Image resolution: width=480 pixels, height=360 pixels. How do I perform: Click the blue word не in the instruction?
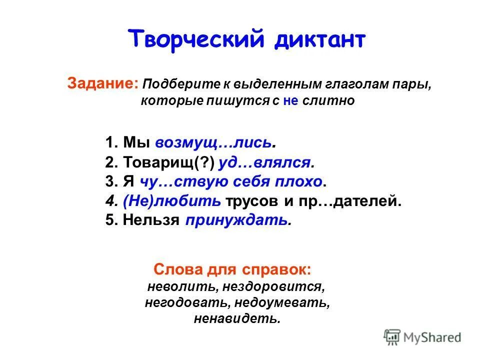pyautogui.click(x=290, y=100)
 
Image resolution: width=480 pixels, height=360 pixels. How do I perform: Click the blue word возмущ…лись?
pyautogui.click(x=214, y=142)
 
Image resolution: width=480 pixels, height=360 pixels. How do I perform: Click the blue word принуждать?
pyautogui.click(x=237, y=220)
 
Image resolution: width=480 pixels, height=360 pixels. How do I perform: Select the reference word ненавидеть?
pyautogui.click(x=237, y=318)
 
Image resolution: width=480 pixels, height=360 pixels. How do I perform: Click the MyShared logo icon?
pyautogui.click(x=392, y=337)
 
